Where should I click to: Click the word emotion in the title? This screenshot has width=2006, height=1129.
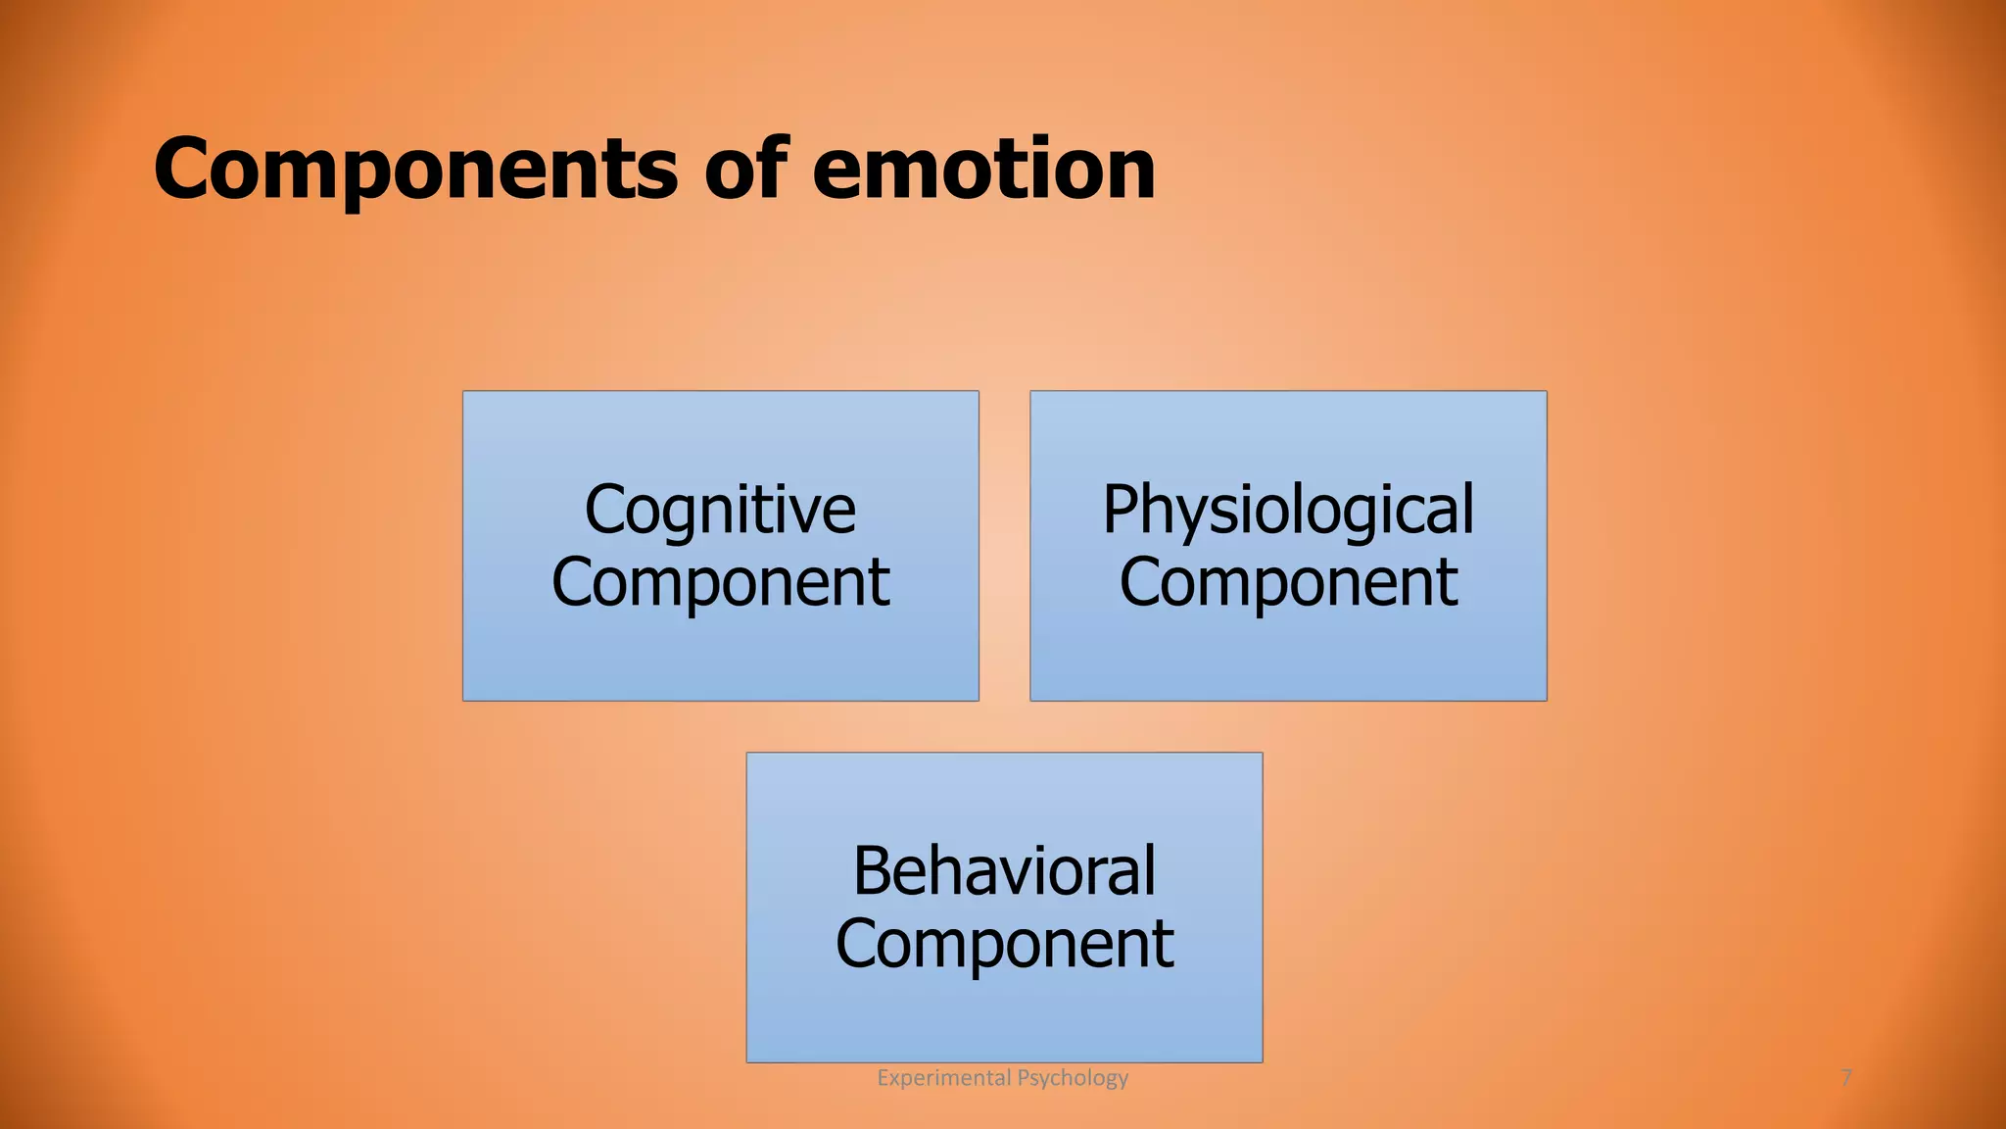983,169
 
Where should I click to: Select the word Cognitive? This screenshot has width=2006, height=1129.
720,511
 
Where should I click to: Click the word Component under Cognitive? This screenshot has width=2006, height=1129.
720,583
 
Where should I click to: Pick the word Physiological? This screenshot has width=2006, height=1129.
1288,511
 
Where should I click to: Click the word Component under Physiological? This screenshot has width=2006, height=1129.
1288,583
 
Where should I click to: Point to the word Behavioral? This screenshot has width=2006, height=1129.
1004,871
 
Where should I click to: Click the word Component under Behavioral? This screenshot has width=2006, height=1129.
1004,944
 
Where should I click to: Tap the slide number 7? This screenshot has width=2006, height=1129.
1846,1078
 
